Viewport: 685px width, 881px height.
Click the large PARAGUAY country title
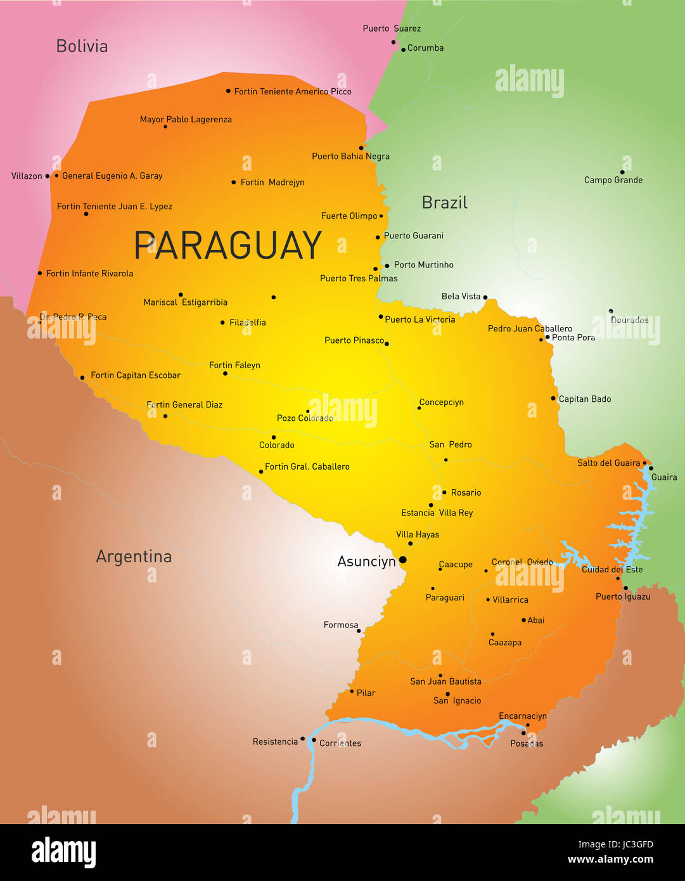227,245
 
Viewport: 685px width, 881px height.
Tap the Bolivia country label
82,46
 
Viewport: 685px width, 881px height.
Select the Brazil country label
444,203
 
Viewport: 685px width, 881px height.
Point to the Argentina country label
134,556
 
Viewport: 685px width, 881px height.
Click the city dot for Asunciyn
402,560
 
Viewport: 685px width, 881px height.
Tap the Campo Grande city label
613,180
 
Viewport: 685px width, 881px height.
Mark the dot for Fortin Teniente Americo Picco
228,91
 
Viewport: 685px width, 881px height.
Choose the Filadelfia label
248,323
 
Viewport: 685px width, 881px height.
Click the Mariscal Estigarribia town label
185,302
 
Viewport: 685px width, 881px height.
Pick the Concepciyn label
442,402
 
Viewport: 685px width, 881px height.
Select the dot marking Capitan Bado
553,399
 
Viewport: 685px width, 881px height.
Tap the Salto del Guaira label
608,463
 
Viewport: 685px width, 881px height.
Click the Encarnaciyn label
522,716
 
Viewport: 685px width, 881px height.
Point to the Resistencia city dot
303,739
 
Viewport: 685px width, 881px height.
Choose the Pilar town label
366,693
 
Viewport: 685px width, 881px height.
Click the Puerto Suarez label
391,29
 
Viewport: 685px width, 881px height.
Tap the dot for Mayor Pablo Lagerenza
165,127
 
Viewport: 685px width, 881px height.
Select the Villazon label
27,176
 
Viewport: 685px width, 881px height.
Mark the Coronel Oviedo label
522,562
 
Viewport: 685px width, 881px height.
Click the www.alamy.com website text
610,859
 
